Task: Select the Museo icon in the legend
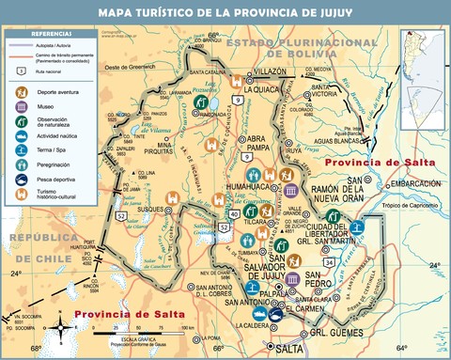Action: (19, 107)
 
